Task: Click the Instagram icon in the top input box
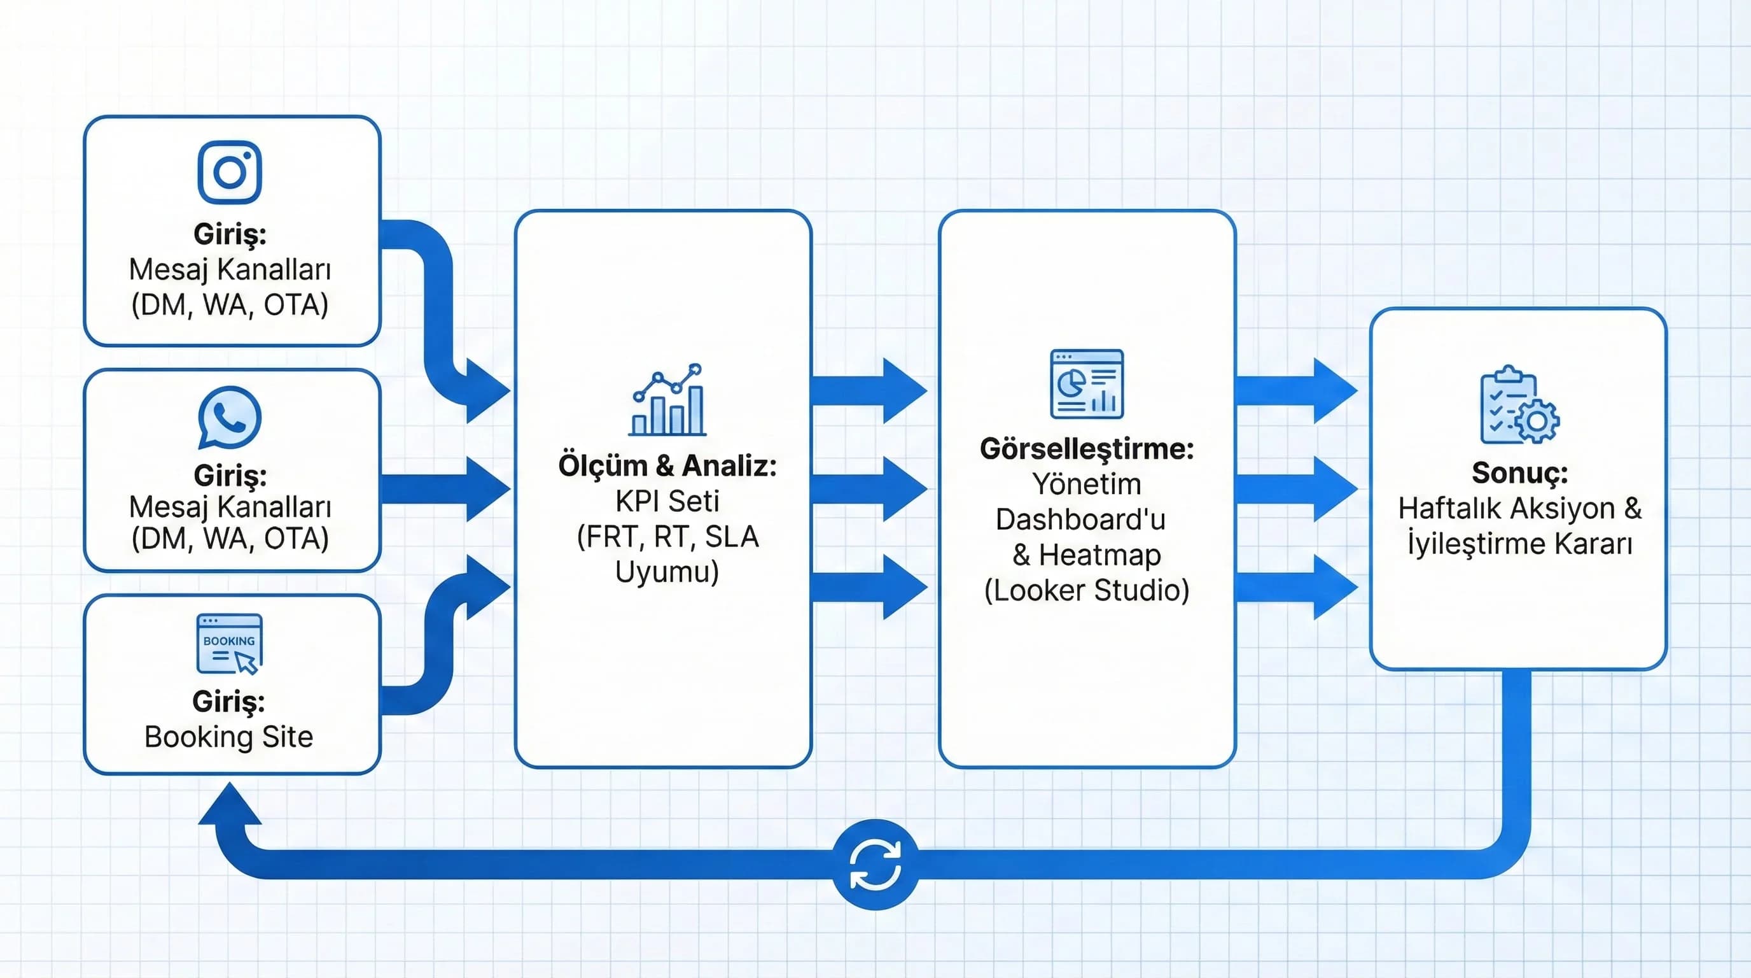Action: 230,172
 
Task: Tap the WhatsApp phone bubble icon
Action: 230,417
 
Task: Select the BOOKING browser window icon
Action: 229,643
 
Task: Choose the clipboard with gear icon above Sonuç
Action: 1519,406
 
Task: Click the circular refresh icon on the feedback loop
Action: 875,865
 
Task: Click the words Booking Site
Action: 229,737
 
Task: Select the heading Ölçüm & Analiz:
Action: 667,466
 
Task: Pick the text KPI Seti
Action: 667,501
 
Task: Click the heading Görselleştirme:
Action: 1086,449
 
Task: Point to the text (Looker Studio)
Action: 1086,590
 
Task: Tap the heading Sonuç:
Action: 1519,472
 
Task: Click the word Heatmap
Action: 1100,555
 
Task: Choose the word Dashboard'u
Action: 1080,520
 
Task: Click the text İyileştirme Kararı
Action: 1519,544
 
